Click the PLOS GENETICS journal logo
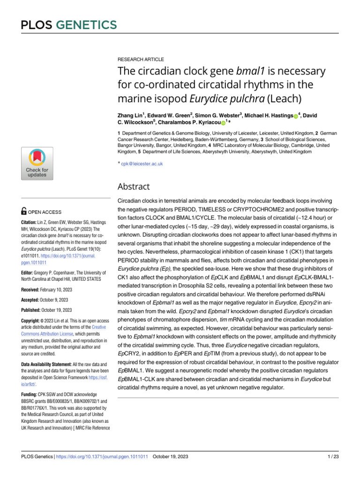click(x=68, y=25)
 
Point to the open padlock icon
click(x=24, y=211)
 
